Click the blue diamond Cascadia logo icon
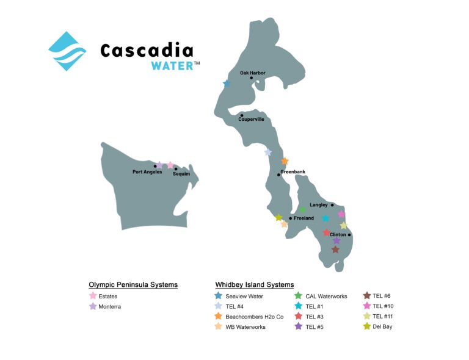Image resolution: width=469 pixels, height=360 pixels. [67, 51]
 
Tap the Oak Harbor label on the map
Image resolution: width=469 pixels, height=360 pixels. [252, 73]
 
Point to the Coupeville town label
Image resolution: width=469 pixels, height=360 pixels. [251, 120]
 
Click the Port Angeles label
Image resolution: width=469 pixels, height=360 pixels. [147, 172]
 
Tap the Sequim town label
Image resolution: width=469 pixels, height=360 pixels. [181, 174]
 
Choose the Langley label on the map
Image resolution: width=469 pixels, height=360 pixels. [319, 205]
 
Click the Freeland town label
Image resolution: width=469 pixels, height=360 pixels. [304, 218]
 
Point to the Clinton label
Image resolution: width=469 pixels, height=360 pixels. [338, 234]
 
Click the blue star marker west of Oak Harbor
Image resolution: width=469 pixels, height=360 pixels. [227, 84]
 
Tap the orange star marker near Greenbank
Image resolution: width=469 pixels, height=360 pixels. [285, 161]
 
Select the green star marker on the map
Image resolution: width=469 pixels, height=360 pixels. [302, 210]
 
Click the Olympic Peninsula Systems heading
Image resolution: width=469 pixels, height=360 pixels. [133, 285]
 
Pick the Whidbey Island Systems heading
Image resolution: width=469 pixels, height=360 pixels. [255, 285]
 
